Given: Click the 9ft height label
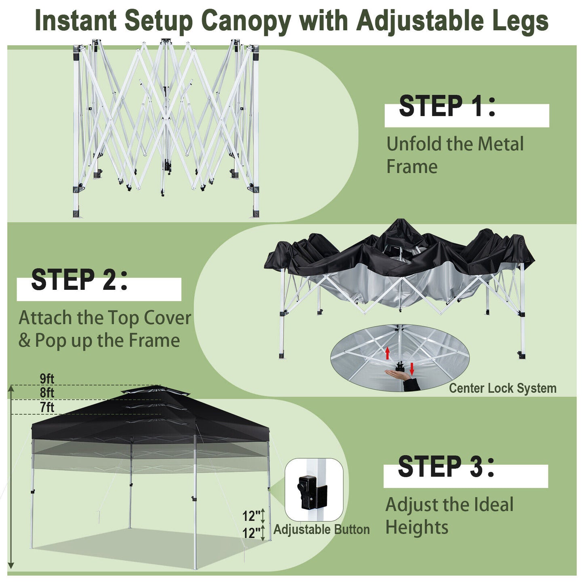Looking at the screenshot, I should (x=47, y=379).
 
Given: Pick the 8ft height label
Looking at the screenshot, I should (x=47, y=392).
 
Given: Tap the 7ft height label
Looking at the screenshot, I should (x=47, y=407).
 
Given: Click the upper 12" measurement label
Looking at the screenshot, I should (x=251, y=516).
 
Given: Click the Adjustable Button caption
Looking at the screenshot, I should (x=321, y=529).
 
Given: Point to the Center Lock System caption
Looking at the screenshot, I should (x=502, y=388).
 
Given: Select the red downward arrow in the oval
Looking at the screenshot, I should (x=412, y=368).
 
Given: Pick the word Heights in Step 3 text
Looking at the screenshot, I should (x=417, y=527).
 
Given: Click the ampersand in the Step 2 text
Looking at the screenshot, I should (x=24, y=340).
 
